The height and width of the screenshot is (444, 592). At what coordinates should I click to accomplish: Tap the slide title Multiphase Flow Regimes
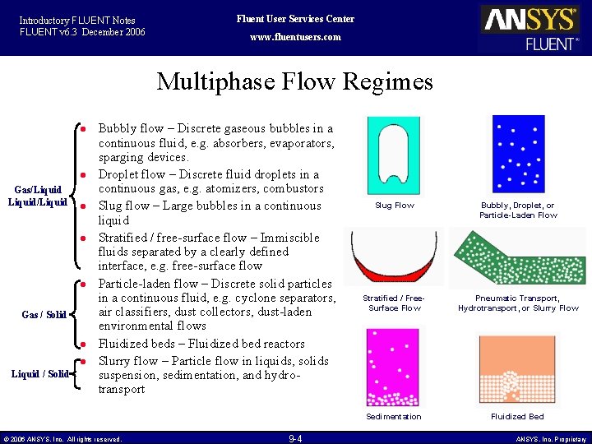(x=294, y=82)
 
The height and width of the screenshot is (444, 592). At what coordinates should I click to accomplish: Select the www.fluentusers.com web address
(x=294, y=37)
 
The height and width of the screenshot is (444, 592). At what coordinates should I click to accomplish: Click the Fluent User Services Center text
(x=295, y=19)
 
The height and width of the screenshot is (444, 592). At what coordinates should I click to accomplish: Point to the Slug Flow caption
(x=395, y=206)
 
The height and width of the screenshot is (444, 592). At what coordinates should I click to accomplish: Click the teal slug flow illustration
(x=394, y=155)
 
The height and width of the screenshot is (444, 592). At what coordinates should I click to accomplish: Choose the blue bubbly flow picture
(x=517, y=154)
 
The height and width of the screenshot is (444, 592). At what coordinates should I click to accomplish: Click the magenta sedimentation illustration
(x=394, y=368)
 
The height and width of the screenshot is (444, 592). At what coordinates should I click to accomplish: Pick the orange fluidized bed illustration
(x=517, y=368)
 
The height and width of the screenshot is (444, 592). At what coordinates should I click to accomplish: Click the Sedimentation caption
(x=394, y=417)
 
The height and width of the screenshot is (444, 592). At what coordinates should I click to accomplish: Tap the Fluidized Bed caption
(x=517, y=417)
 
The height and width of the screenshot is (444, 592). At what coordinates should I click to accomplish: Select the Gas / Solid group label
(x=44, y=315)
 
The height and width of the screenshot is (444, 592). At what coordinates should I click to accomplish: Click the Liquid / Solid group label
(x=39, y=374)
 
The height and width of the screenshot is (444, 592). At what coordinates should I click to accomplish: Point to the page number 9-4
(x=295, y=438)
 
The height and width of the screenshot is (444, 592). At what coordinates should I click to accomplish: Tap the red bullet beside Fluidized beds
(x=84, y=344)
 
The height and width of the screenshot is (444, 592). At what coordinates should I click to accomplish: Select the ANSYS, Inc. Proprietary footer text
(x=551, y=439)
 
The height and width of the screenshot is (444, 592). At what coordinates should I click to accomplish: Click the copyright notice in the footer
(x=62, y=439)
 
